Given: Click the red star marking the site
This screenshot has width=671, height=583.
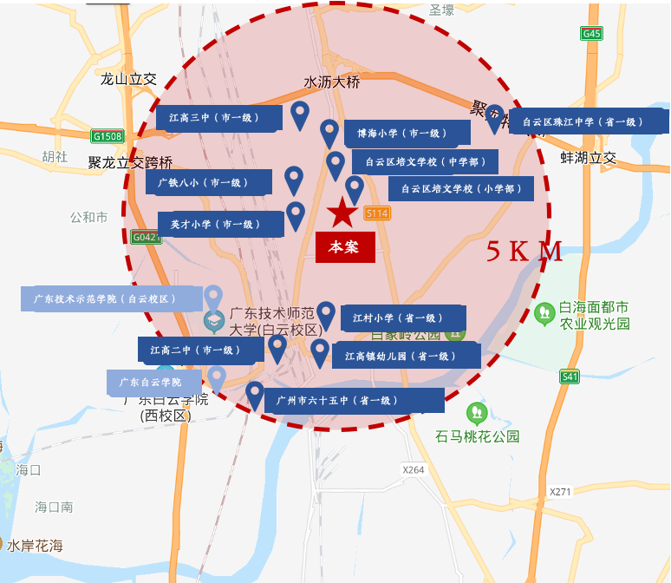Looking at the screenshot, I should [341, 212].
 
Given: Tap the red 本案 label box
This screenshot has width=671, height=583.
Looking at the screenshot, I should [345, 247].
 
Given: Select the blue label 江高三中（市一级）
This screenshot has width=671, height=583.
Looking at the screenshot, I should [219, 118].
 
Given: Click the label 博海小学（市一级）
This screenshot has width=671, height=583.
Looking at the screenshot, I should [407, 134].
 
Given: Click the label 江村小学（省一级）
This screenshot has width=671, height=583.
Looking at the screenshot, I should [403, 318].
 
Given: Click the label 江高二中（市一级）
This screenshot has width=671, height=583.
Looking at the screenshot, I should [201, 350].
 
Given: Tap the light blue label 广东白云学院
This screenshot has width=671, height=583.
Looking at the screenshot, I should [154, 382].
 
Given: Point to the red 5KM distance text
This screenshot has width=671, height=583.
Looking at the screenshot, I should [524, 252].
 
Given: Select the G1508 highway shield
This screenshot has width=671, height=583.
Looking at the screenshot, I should [107, 136].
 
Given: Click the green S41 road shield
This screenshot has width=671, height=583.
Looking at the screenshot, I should [569, 376].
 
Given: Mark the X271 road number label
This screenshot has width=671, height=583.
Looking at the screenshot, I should [560, 491].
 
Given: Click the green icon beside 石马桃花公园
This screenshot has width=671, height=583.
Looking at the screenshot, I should [476, 413].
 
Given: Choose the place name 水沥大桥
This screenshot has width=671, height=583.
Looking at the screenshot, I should [331, 82].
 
